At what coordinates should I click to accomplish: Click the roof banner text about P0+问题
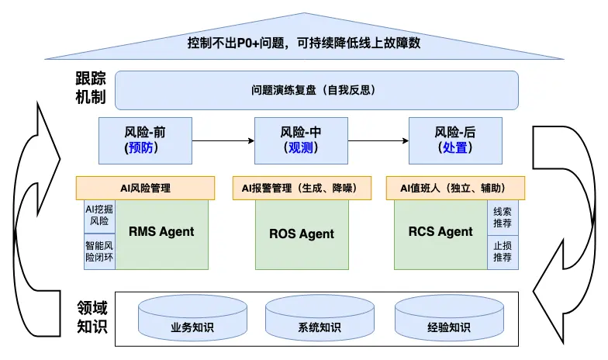(304, 43)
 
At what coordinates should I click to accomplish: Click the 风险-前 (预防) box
(145, 140)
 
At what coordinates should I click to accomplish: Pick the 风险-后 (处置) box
(454, 140)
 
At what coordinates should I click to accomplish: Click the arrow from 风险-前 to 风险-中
(223, 140)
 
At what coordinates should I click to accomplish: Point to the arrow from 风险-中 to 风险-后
(378, 140)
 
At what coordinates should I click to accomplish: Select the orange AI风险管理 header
(145, 188)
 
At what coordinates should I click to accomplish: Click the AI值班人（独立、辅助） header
(455, 188)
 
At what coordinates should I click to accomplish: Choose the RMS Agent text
(161, 231)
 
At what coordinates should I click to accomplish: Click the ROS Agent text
(302, 234)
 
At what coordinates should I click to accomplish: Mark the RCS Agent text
(440, 231)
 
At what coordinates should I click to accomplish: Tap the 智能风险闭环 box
(99, 251)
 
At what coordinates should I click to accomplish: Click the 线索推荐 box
(503, 217)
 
